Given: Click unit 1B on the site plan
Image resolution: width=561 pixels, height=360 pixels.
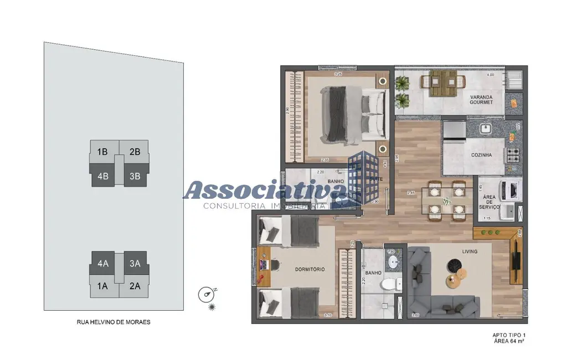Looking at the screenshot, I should [x=102, y=151].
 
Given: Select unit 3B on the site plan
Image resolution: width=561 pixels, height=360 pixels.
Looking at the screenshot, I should [x=135, y=177].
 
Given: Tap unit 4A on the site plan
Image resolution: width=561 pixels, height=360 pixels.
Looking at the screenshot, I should [x=102, y=264].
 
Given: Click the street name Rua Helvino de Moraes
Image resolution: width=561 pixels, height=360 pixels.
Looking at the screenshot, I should [x=114, y=321].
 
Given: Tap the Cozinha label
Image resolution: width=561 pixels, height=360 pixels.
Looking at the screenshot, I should [x=481, y=156].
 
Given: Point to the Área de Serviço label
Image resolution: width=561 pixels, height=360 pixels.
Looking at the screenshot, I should [x=489, y=202].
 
